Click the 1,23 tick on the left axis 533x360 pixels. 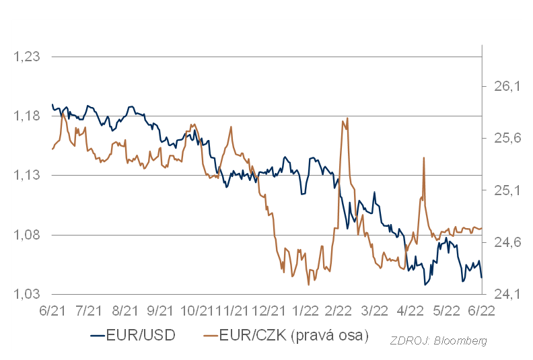click(x=28, y=57)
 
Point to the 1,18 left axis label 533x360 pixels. click(x=28, y=116)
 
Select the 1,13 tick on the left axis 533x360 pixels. click(x=28, y=176)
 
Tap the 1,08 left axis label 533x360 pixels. click(x=28, y=235)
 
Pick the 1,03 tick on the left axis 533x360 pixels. click(x=28, y=294)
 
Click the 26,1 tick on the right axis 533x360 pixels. click(x=508, y=86)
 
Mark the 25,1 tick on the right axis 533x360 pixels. click(x=508, y=190)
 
